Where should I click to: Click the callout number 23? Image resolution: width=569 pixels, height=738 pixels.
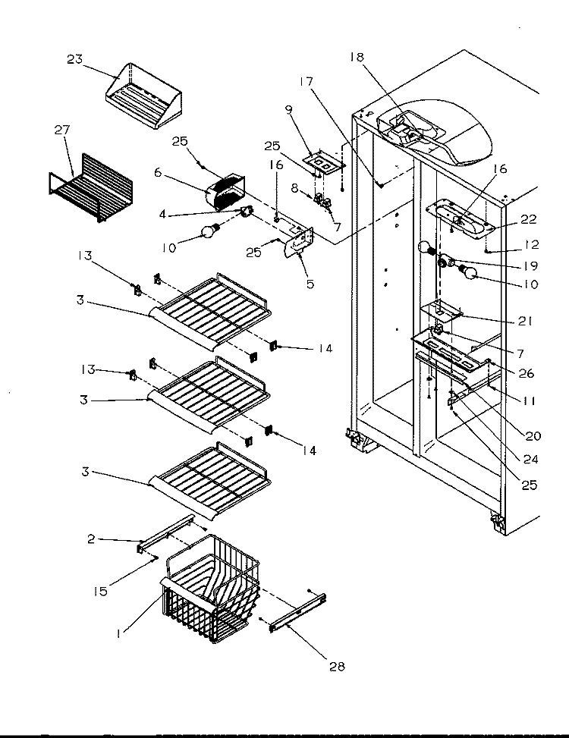(74, 59)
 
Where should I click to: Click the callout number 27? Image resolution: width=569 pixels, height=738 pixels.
(62, 130)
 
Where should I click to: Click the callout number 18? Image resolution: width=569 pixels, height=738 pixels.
(357, 57)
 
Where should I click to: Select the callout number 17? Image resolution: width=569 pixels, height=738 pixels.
(306, 81)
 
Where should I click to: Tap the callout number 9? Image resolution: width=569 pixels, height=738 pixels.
(288, 110)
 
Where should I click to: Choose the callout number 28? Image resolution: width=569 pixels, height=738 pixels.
(337, 666)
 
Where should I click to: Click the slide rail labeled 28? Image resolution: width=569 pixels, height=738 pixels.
(297, 612)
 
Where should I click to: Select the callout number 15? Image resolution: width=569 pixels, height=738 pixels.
(101, 591)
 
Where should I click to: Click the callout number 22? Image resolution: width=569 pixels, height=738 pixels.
(529, 219)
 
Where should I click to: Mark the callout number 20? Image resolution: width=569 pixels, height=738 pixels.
(533, 436)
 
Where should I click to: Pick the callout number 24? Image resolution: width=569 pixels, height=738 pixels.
(530, 459)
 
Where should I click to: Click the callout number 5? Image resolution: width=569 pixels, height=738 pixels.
(310, 284)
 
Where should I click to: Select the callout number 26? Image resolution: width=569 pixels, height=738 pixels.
(527, 373)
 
